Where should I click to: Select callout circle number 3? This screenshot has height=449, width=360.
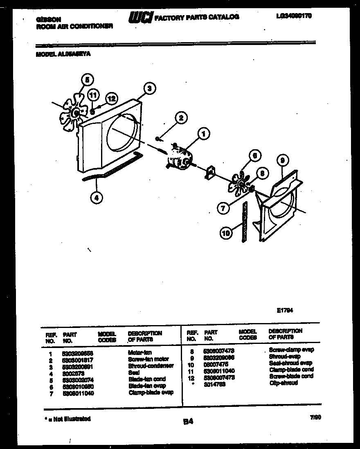point(150,88)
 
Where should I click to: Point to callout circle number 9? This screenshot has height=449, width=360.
point(282,161)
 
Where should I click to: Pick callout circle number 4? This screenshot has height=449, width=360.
point(96,198)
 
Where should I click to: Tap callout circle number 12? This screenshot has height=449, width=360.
point(111,98)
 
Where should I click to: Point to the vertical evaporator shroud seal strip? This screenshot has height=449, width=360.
point(245,223)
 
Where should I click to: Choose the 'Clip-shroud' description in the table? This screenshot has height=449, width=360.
point(283,383)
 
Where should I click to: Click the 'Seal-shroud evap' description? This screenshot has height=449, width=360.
point(290,363)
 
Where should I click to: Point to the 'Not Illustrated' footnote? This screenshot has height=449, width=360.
point(67,419)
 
